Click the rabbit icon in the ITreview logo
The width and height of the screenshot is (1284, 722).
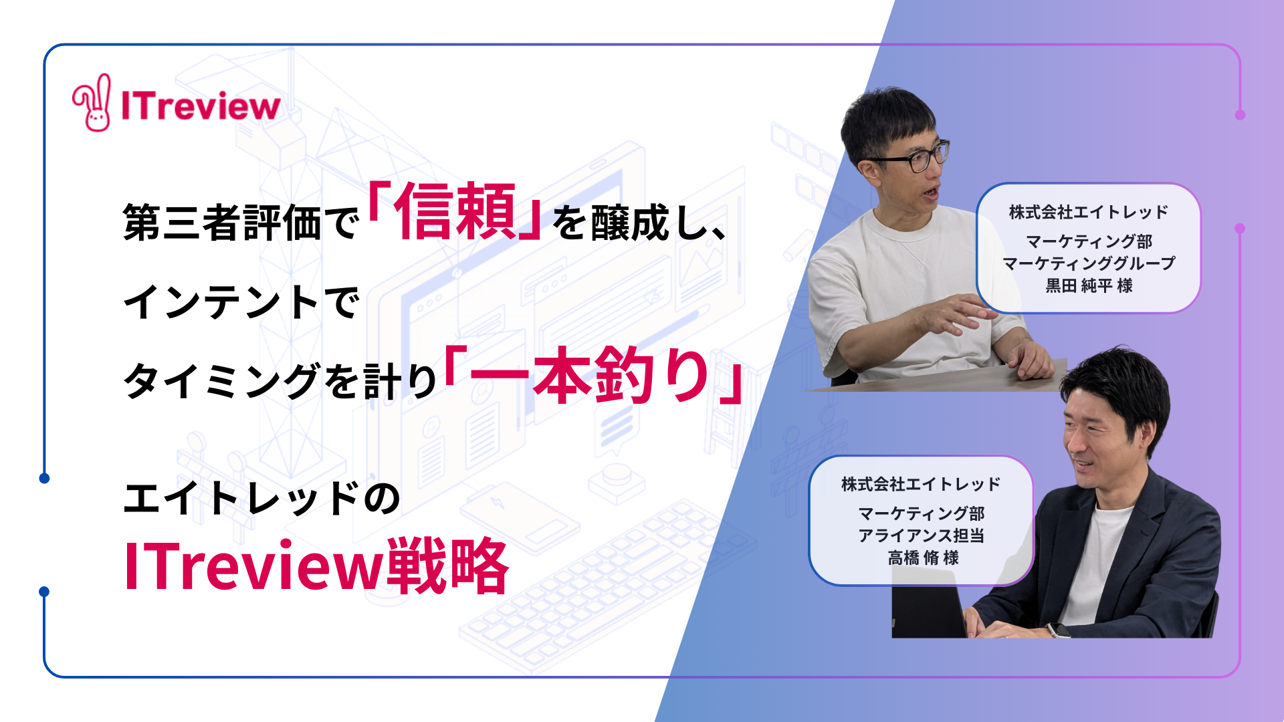92,102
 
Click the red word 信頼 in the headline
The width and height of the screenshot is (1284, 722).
455,212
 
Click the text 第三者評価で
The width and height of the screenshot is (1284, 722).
241,223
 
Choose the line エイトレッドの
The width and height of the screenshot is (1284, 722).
262,498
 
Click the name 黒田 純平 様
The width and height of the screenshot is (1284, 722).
1089,285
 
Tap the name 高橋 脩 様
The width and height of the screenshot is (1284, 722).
923,558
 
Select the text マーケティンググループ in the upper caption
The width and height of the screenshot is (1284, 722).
1089,263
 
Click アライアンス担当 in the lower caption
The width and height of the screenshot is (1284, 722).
922,535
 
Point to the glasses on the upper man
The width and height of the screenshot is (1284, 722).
909,158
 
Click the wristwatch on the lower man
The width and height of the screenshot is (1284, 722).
1058,630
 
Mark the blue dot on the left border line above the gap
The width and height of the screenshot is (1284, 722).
44,478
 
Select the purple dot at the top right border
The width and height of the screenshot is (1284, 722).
1240,115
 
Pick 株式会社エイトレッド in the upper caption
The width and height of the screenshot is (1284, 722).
1089,212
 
